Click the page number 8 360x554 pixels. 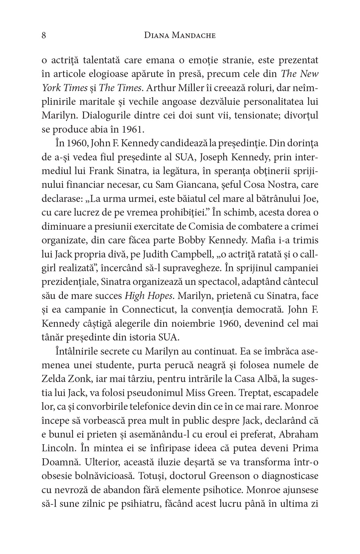44,36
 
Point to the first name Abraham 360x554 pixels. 298,434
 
